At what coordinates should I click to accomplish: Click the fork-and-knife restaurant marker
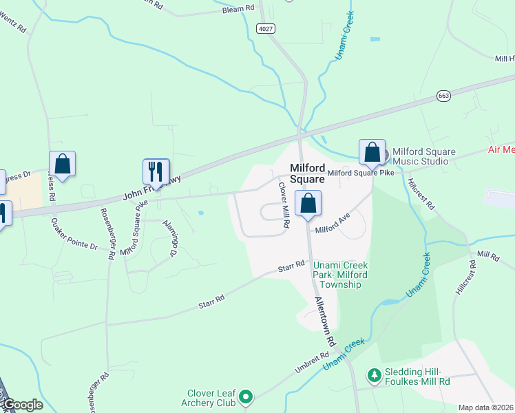pos(156,171)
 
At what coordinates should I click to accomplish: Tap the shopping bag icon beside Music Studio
pos(372,151)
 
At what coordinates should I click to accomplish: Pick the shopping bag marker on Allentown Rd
pos(308,202)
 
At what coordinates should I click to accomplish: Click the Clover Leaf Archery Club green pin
pos(246,396)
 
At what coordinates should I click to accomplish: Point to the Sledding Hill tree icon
pos(374,376)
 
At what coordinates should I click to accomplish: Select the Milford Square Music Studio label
pos(420,156)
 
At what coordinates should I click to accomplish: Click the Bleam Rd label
pos(238,8)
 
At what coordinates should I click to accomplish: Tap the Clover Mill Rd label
pos(283,205)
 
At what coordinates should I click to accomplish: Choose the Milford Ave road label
pos(333,224)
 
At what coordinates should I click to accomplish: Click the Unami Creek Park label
pos(341,275)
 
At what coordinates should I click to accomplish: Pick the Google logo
pos(22,405)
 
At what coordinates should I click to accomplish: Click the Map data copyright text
pos(486,407)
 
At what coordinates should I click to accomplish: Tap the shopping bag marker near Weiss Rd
pos(62,164)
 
